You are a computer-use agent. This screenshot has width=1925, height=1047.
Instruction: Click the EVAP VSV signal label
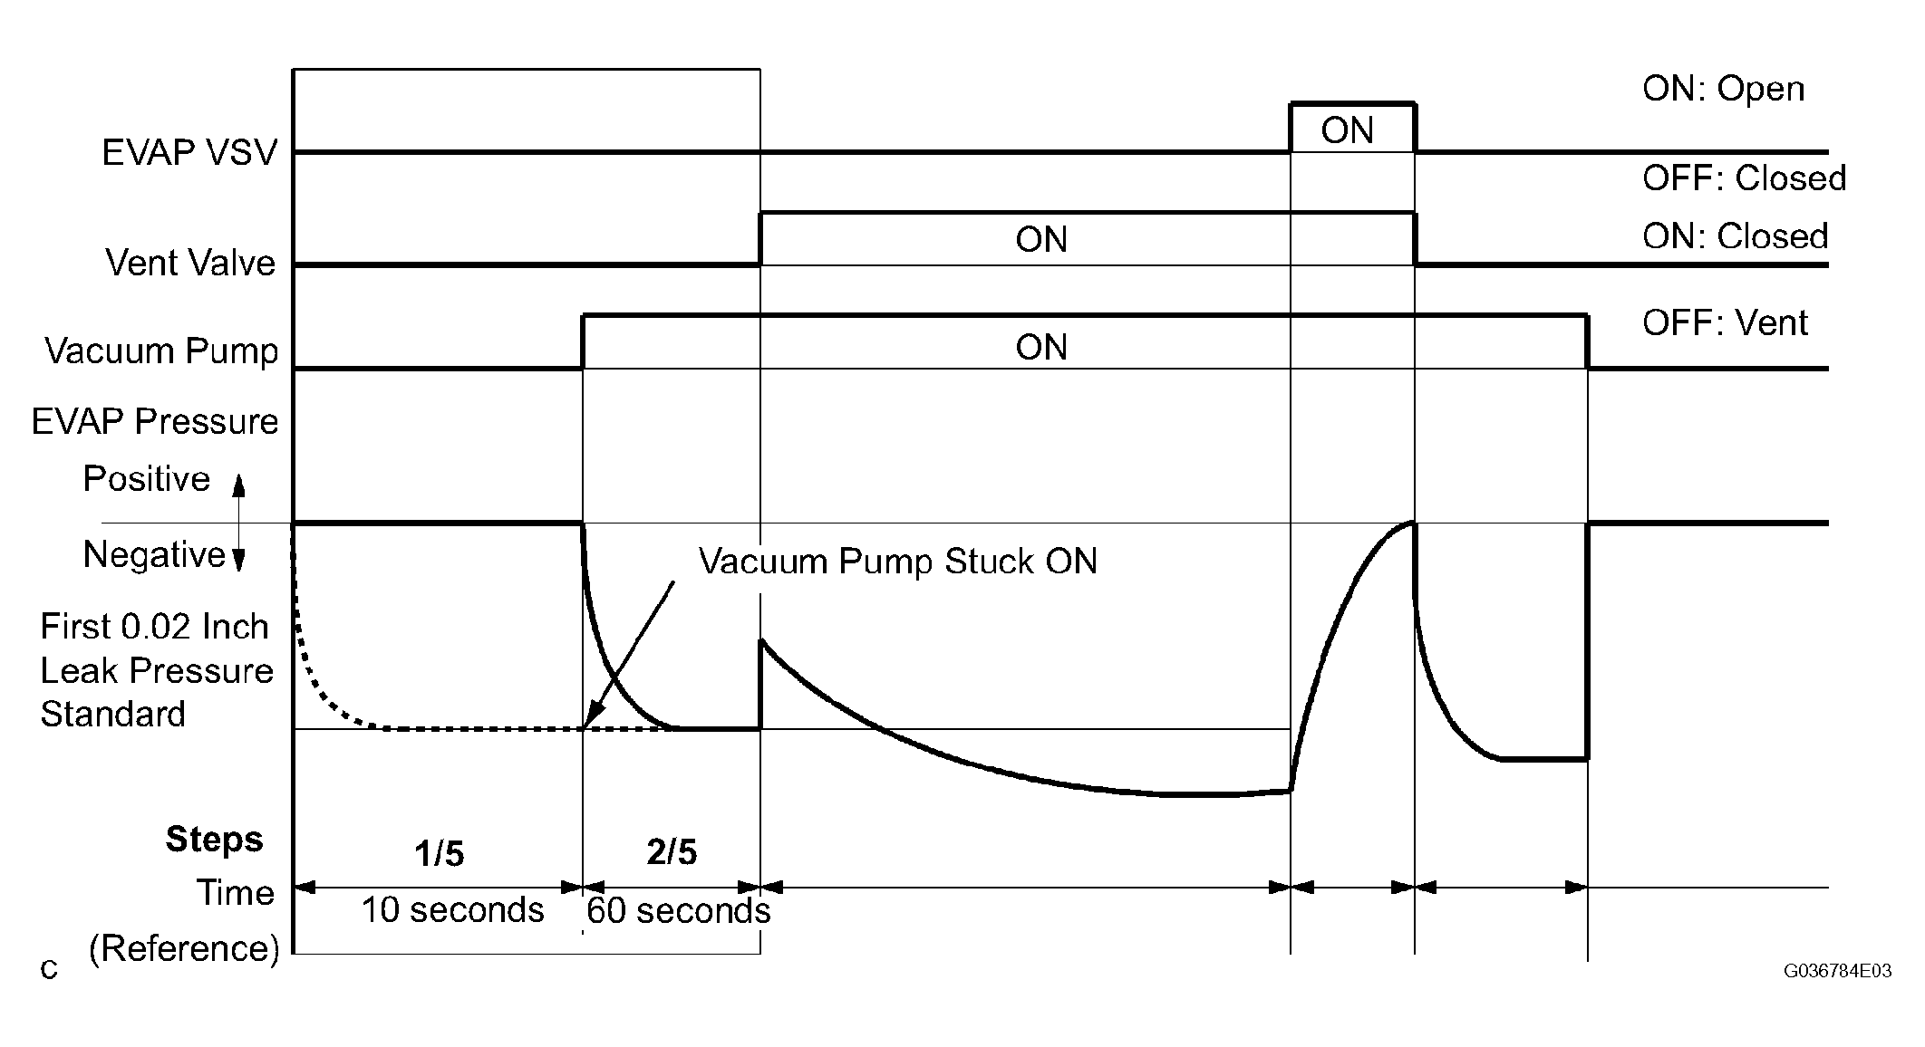[189, 152]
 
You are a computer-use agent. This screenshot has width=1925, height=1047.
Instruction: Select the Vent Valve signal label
[190, 263]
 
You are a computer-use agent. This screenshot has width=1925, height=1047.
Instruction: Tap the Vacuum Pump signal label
[161, 351]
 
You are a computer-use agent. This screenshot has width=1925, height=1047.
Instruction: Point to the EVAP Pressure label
[155, 422]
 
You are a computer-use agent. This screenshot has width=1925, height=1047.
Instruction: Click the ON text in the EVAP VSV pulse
[1347, 131]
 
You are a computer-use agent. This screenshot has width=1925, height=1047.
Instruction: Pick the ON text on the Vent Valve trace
[1041, 240]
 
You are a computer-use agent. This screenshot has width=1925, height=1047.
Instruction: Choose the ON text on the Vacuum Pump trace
[1041, 348]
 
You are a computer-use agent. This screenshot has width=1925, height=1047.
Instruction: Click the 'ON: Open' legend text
[1723, 89]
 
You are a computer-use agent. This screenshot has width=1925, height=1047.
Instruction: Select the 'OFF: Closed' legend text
[1744, 178]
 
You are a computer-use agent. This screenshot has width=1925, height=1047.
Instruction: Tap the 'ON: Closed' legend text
[1735, 236]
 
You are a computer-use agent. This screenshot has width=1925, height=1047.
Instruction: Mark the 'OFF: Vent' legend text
[1725, 323]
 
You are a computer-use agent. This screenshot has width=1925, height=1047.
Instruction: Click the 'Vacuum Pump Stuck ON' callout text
[897, 562]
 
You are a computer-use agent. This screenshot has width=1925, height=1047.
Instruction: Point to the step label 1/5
[440, 853]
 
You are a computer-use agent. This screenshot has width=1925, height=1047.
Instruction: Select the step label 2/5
[672, 852]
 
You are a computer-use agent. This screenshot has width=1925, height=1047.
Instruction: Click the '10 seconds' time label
[452, 909]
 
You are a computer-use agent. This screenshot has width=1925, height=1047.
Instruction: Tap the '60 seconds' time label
[678, 910]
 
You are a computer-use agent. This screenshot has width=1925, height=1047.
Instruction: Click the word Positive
[147, 478]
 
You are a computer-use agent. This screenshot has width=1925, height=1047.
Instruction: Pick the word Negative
[154, 554]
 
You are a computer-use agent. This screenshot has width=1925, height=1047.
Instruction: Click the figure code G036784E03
[1837, 972]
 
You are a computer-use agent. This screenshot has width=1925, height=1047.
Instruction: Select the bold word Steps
[214, 840]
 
